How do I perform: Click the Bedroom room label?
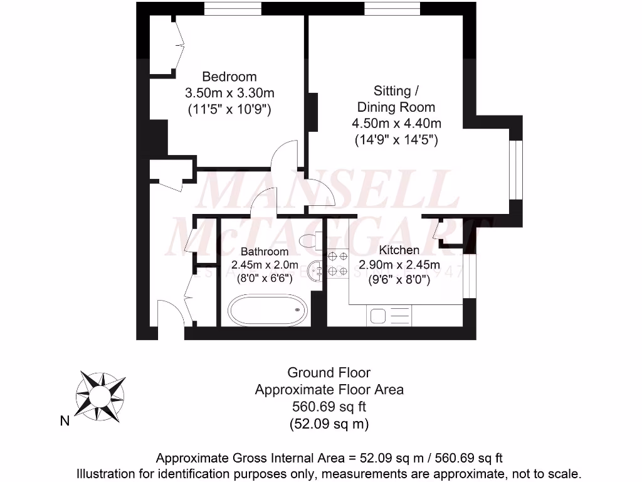coord(229,77)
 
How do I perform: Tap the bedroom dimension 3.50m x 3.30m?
coord(229,93)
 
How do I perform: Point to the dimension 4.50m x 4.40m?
coord(396,123)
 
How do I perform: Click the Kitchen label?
coord(399,250)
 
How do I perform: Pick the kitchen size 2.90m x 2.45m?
coord(399,265)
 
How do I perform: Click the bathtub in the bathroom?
coord(267,309)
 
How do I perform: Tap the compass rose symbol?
coord(98,395)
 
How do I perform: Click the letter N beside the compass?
coord(65,421)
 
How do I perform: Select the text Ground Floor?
coord(329,373)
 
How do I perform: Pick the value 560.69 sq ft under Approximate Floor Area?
coord(329,407)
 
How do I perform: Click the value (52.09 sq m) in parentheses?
coord(329,424)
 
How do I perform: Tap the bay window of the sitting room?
coord(515,169)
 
